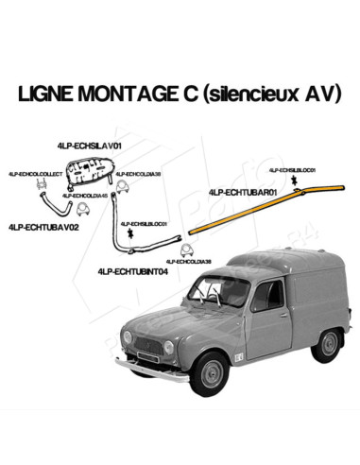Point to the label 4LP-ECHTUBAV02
43,228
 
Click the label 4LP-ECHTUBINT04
132,270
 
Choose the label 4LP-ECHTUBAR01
242,192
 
